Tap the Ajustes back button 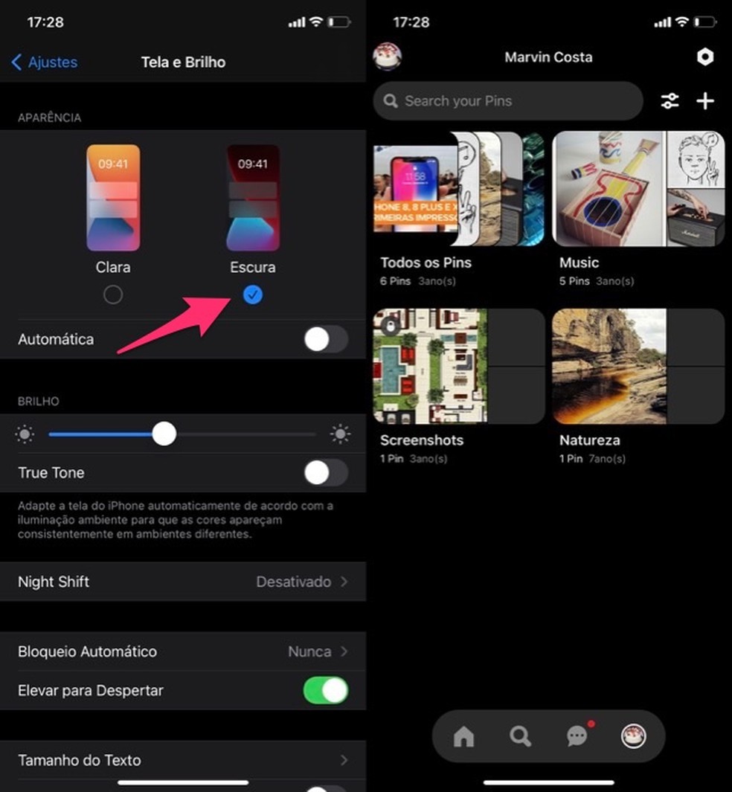(45, 62)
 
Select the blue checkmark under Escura (253, 295)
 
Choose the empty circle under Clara (113, 295)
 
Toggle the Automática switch (325, 340)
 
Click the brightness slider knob (164, 434)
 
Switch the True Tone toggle (325, 473)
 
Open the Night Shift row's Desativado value (293, 582)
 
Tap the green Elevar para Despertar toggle (325, 690)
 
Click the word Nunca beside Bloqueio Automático (309, 651)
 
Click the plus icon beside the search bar (704, 101)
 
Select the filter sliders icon (670, 101)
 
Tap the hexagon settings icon (704, 58)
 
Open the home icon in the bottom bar (463, 736)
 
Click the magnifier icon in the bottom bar (520, 736)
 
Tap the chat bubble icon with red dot (577, 736)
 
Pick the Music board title (579, 263)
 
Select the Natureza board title (589, 440)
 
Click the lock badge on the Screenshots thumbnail (390, 325)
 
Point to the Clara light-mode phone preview (113, 198)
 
